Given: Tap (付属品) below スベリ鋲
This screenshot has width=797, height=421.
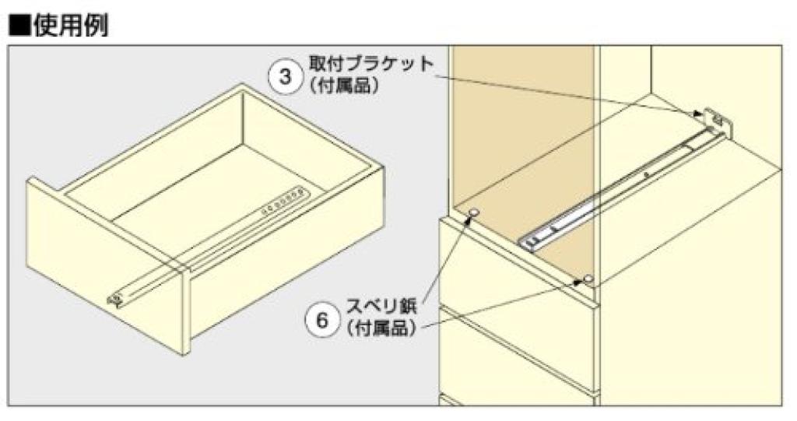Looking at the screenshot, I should (381, 330).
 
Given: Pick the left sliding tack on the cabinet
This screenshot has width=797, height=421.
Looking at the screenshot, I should (475, 212).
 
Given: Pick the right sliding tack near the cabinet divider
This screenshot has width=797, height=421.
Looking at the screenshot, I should (588, 278).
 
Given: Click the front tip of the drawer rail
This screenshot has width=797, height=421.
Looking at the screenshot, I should (118, 299).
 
